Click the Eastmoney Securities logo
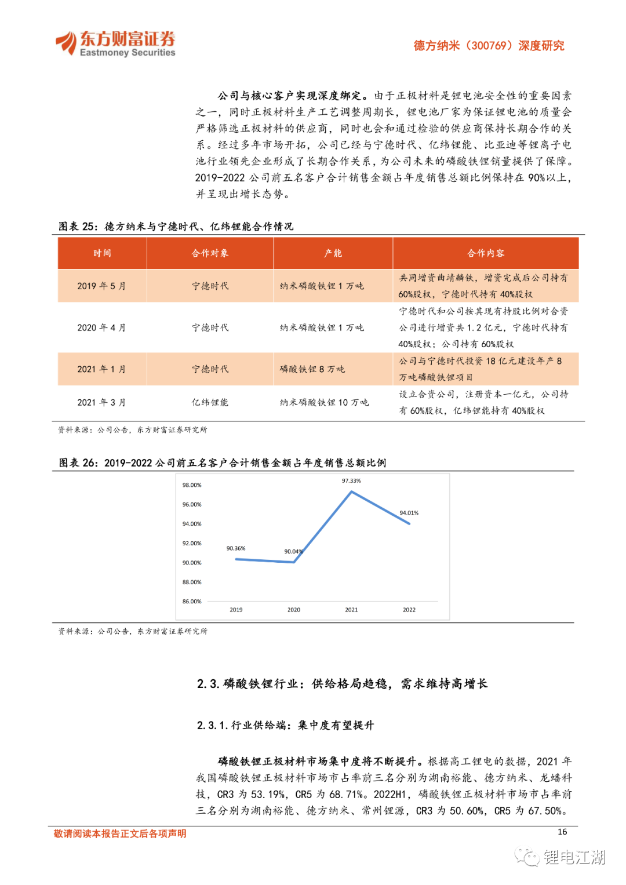pyautogui.click(x=115, y=43)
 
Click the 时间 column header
pyautogui.click(x=102, y=253)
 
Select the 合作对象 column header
pyautogui.click(x=210, y=253)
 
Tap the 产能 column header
pyautogui.click(x=333, y=253)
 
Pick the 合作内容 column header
pyautogui.click(x=486, y=253)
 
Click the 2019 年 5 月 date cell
pyautogui.click(x=101, y=286)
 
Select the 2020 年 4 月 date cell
pyautogui.click(x=101, y=327)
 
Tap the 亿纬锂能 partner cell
pyautogui.click(x=210, y=402)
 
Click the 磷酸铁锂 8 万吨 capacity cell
pyautogui.click(x=312, y=369)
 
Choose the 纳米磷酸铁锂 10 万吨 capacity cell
pyautogui.click(x=324, y=402)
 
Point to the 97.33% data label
pyautogui.click(x=351, y=481)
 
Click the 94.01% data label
pyautogui.click(x=409, y=513)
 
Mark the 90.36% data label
pyautogui.click(x=236, y=548)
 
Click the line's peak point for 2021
pyautogui.click(x=351, y=492)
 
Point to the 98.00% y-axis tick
pyautogui.click(x=192, y=485)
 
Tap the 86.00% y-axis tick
pyautogui.click(x=192, y=602)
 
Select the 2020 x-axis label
pyautogui.click(x=294, y=610)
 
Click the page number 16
pyautogui.click(x=562, y=832)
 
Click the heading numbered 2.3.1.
pyautogui.click(x=285, y=725)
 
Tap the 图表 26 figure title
pyautogui.click(x=222, y=462)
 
